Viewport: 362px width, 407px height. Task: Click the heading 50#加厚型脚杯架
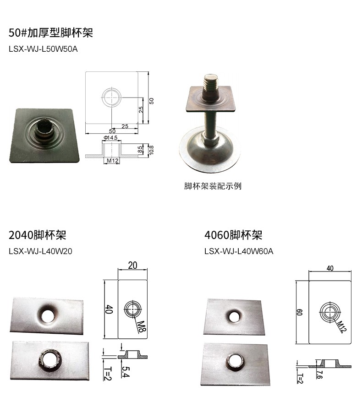click(x=51, y=33)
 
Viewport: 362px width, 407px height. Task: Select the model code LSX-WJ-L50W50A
click(x=43, y=49)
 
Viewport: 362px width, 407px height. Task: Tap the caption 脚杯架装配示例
click(x=213, y=186)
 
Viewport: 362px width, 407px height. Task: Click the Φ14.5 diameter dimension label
click(x=110, y=137)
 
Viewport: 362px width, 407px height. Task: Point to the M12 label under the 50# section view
click(x=113, y=161)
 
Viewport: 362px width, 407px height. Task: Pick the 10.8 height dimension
click(x=152, y=150)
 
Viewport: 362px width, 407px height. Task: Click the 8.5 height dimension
click(x=140, y=150)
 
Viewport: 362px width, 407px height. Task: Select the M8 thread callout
click(x=142, y=327)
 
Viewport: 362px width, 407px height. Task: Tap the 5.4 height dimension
click(x=126, y=372)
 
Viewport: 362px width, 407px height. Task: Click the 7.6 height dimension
click(x=320, y=374)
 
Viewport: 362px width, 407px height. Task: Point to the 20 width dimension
click(x=132, y=265)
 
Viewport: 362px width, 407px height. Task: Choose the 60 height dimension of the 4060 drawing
click(x=299, y=312)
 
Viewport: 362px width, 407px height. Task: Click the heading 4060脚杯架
click(x=233, y=235)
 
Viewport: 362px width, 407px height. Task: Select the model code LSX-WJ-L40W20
click(x=40, y=251)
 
